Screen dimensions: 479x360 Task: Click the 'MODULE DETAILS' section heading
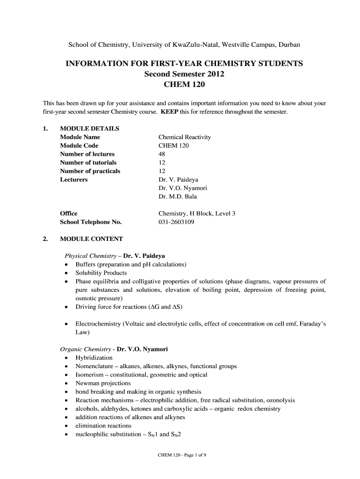[89, 129]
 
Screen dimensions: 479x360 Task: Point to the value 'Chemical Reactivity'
[185, 137]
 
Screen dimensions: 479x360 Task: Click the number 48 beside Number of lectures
[162, 154]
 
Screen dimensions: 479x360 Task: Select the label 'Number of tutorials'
[88, 162]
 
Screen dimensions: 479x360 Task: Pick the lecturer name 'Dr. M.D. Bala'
[178, 196]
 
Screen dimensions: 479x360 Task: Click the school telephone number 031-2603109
[176, 222]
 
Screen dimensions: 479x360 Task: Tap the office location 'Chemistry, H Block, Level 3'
[197, 213]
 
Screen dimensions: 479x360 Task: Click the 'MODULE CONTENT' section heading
[91, 239]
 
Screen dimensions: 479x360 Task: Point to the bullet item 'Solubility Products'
[101, 273]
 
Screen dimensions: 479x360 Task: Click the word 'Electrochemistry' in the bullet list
[98, 324]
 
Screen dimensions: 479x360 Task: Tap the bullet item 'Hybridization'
[94, 358]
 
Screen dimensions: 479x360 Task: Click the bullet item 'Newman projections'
[103, 383]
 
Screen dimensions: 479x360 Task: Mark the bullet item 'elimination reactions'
[103, 426]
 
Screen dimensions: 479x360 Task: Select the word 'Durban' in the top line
[290, 45]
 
